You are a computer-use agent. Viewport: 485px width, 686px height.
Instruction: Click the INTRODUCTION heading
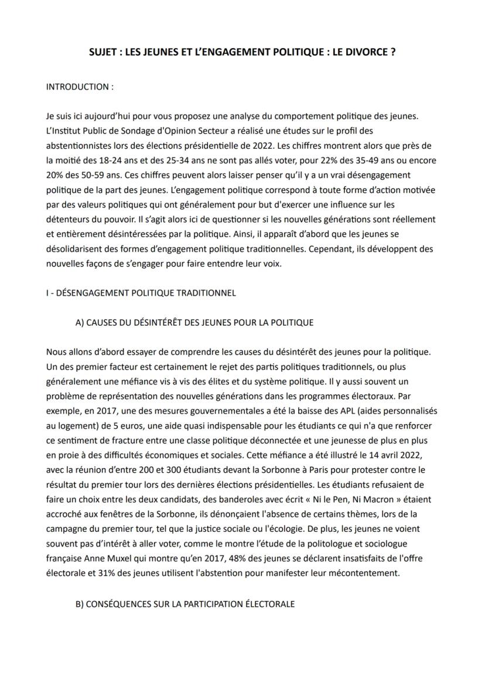click(80, 87)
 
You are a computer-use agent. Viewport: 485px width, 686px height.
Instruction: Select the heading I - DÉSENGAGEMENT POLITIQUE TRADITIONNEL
click(141, 293)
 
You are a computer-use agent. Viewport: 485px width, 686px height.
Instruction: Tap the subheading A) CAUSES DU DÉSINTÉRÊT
click(194, 322)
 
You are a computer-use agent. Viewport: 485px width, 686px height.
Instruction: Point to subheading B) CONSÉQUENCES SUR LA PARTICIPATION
click(185, 603)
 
